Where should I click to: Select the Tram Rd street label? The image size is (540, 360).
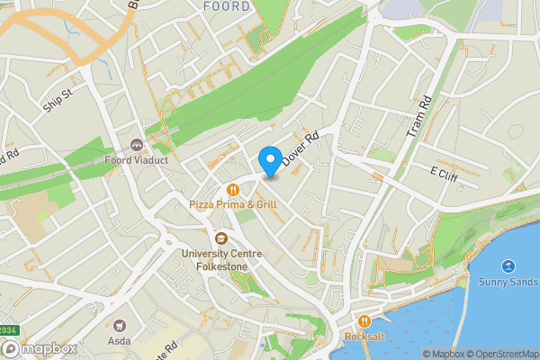click(420, 116)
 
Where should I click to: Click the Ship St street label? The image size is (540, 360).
click(56, 100)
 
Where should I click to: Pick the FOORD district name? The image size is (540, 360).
click(227, 6)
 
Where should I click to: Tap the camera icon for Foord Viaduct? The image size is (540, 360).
click(137, 145)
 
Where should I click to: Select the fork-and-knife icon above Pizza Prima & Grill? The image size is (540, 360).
click(233, 189)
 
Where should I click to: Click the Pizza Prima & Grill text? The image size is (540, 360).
click(233, 205)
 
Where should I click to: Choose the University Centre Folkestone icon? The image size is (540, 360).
click(220, 238)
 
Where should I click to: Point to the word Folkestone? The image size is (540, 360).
click(220, 266)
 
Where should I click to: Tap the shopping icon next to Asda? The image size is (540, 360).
click(119, 324)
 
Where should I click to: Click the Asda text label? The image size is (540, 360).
click(119, 341)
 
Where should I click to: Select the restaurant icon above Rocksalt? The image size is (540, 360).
click(364, 321)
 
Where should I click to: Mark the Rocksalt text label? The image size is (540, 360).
click(364, 337)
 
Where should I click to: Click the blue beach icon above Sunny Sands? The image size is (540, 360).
click(508, 266)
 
